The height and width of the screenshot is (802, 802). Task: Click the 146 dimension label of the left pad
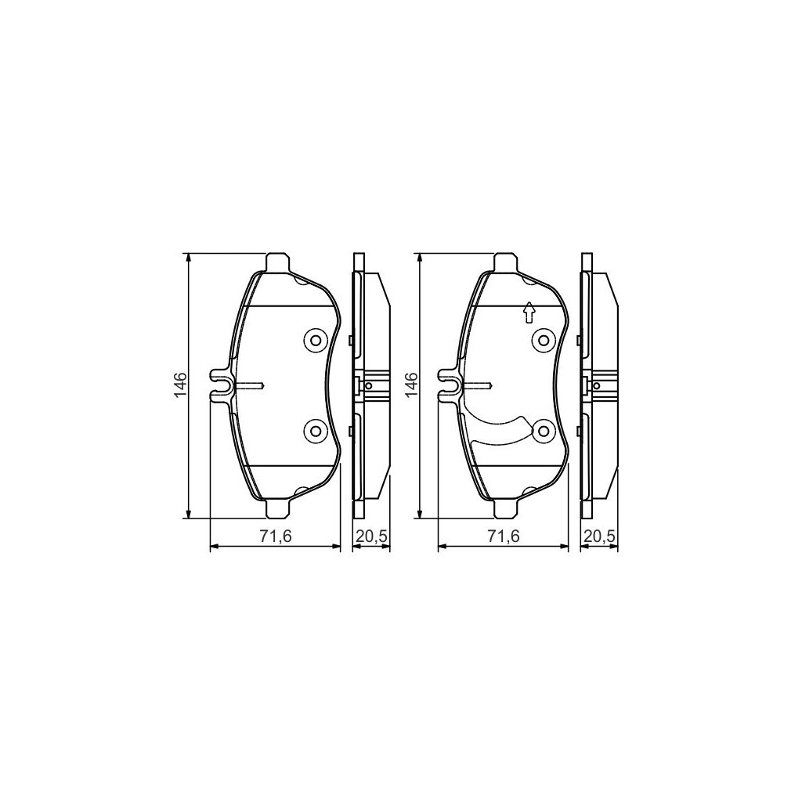pyautogui.click(x=179, y=385)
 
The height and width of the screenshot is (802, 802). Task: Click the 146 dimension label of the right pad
pyautogui.click(x=410, y=385)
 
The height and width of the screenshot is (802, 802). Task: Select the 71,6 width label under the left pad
pyautogui.click(x=276, y=536)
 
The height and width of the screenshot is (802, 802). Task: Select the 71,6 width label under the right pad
pyautogui.click(x=502, y=536)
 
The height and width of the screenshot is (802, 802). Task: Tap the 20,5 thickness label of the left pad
pyautogui.click(x=370, y=536)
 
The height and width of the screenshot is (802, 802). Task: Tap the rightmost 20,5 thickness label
pyautogui.click(x=599, y=536)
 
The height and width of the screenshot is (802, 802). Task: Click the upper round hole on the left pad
pyautogui.click(x=315, y=340)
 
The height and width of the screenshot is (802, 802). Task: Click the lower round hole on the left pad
pyautogui.click(x=315, y=430)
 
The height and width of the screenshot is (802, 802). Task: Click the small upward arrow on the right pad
pyautogui.click(x=529, y=312)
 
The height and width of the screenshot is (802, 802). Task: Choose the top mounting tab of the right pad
pyautogui.click(x=504, y=262)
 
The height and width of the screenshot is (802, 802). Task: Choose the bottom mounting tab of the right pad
pyautogui.click(x=504, y=509)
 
